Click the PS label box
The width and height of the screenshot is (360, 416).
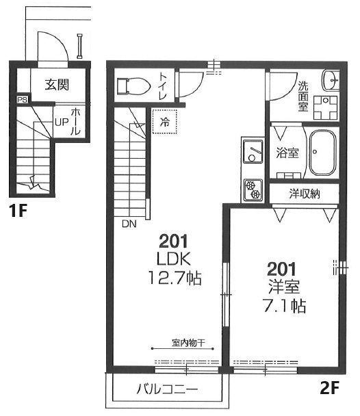[23, 100]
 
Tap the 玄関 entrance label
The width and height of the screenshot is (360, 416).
[57, 85]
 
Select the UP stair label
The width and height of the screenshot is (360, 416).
[62, 122]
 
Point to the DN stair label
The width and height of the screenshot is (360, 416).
[129, 224]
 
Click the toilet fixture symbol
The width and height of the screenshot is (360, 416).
[133, 86]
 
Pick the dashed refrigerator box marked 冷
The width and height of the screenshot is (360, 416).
[164, 122]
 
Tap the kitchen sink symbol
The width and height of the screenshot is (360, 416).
[253, 151]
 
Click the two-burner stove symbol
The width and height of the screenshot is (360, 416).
[253, 190]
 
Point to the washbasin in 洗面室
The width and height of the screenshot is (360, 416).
[331, 79]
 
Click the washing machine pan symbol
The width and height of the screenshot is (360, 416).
[325, 107]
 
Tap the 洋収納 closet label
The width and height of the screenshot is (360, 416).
[305, 194]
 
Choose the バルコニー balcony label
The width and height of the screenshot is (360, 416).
[167, 389]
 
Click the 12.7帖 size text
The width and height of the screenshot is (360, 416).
[175, 278]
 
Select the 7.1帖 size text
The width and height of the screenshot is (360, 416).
[284, 306]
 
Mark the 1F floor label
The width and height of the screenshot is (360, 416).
[18, 211]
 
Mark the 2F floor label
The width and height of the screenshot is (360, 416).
[329, 388]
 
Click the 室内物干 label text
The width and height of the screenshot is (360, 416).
[188, 343]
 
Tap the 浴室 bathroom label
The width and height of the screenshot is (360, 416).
[287, 153]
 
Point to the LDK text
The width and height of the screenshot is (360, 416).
[174, 259]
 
